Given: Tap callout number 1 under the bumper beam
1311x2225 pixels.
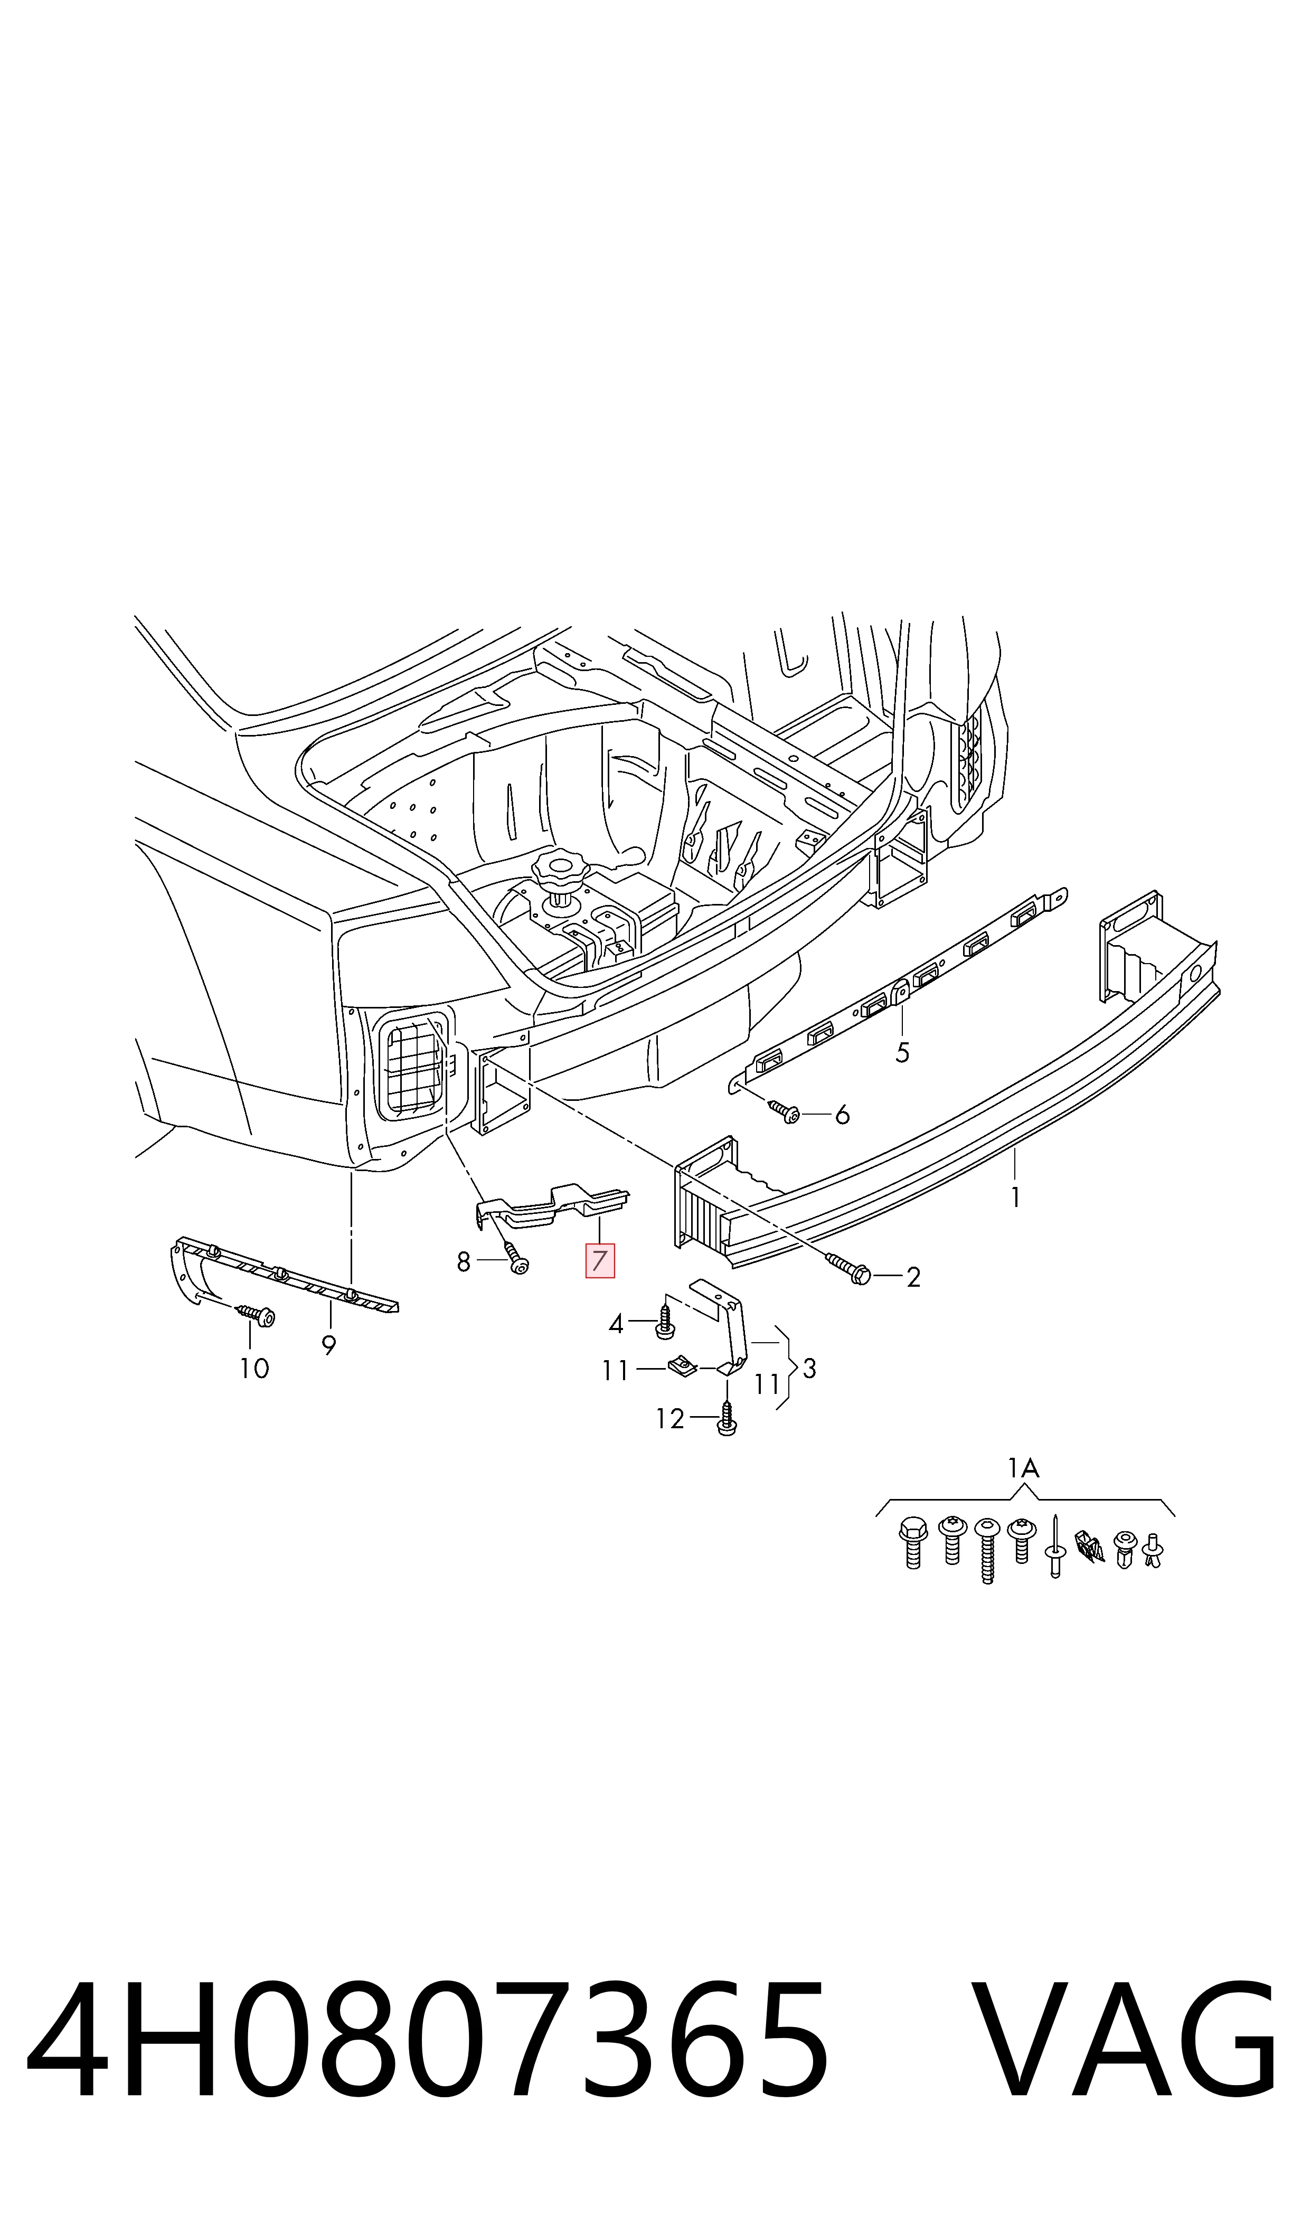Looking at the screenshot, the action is [x=1016, y=1198].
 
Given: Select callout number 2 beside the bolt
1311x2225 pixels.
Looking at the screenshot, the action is [x=913, y=1277].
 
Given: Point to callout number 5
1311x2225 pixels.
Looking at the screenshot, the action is [x=902, y=1053].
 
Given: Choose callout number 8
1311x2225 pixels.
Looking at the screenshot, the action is [x=464, y=1263].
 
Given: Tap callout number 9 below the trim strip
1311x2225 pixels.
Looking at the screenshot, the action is [x=328, y=1346].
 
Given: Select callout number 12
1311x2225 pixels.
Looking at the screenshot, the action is [x=671, y=1419].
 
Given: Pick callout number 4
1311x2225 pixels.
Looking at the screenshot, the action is [x=616, y=1324].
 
